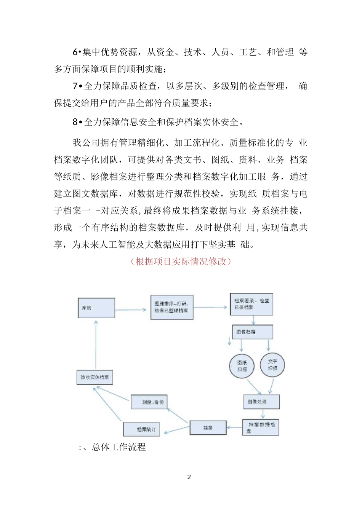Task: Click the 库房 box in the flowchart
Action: click(x=96, y=308)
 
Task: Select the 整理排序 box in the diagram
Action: click(x=172, y=307)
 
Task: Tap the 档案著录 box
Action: click(x=251, y=304)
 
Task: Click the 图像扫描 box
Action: click(x=252, y=332)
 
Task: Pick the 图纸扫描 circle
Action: click(x=242, y=366)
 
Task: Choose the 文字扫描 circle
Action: click(x=272, y=365)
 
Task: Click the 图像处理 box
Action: click(x=261, y=402)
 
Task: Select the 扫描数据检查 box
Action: click(x=261, y=427)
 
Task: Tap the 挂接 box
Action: click(x=208, y=428)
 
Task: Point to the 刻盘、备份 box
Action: click(x=149, y=402)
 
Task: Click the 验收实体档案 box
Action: click(x=95, y=377)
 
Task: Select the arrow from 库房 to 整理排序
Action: click(x=131, y=309)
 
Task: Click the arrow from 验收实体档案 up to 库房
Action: click(x=96, y=345)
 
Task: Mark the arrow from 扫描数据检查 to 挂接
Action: click(x=234, y=427)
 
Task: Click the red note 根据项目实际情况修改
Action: click(x=181, y=262)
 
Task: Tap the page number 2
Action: click(x=189, y=477)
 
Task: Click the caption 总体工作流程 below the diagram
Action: click(x=119, y=447)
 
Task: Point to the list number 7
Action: click(x=75, y=86)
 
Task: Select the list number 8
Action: click(x=75, y=122)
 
